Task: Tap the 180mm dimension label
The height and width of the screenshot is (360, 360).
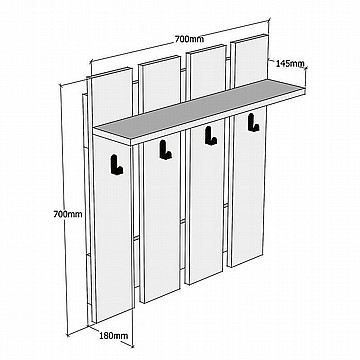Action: [x=114, y=336]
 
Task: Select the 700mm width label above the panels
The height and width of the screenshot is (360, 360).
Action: [x=189, y=39]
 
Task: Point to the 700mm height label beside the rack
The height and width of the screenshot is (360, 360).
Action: [x=68, y=214]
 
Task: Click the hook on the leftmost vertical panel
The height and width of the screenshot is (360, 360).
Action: [x=116, y=165]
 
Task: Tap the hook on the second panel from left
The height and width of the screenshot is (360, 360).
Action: [x=165, y=150]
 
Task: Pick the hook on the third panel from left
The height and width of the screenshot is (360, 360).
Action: [x=211, y=136]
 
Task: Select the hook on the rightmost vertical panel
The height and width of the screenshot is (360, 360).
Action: [x=253, y=122]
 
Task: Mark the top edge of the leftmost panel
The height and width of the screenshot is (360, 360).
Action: [x=109, y=73]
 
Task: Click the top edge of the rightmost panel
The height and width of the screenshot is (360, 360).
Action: [x=250, y=38]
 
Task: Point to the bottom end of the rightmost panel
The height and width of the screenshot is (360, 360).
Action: [x=246, y=261]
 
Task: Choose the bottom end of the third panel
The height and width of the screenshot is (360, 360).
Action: [x=204, y=278]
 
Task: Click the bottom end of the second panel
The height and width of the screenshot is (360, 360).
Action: [x=162, y=296]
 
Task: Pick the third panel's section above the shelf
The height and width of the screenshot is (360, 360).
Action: [x=207, y=72]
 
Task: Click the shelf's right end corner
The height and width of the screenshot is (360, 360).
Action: [x=305, y=90]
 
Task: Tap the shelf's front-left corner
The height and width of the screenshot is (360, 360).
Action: [x=131, y=141]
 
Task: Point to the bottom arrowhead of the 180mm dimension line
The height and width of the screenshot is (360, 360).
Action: [x=132, y=345]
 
